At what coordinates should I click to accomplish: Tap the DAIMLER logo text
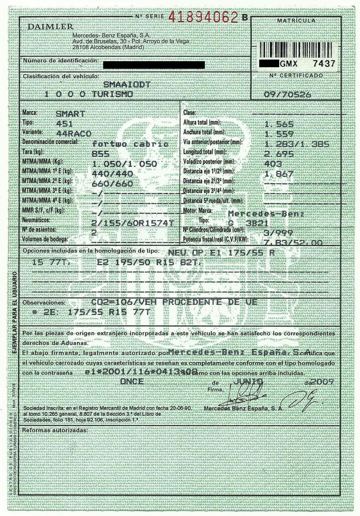[50, 27]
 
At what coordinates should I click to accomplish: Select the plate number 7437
[323, 63]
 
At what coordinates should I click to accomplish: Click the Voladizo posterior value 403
[273, 163]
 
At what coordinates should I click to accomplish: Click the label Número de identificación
[60, 60]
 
